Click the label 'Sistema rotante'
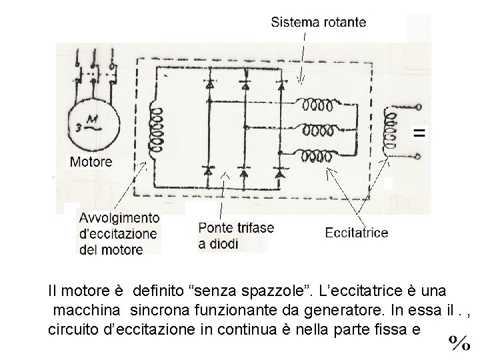point(319,22)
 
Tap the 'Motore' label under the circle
point(91,161)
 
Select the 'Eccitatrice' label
point(356,233)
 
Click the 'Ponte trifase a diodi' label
point(236,235)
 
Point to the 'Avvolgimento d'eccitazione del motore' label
point(119,233)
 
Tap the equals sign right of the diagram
point(419,133)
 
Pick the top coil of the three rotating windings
point(315,105)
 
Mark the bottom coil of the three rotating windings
point(315,156)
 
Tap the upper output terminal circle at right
point(419,107)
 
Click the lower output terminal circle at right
point(419,157)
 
